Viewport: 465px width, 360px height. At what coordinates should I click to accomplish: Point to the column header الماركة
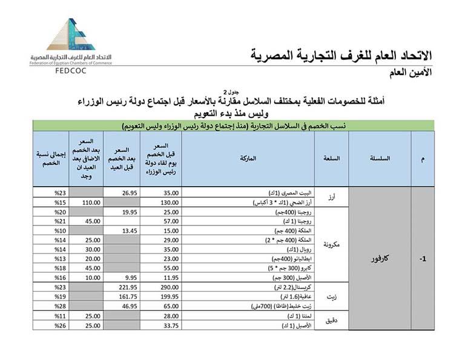[x=251, y=158]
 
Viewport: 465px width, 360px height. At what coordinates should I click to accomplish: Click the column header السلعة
[x=332, y=158]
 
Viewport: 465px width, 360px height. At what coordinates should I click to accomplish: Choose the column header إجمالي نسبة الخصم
[x=51, y=158]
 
